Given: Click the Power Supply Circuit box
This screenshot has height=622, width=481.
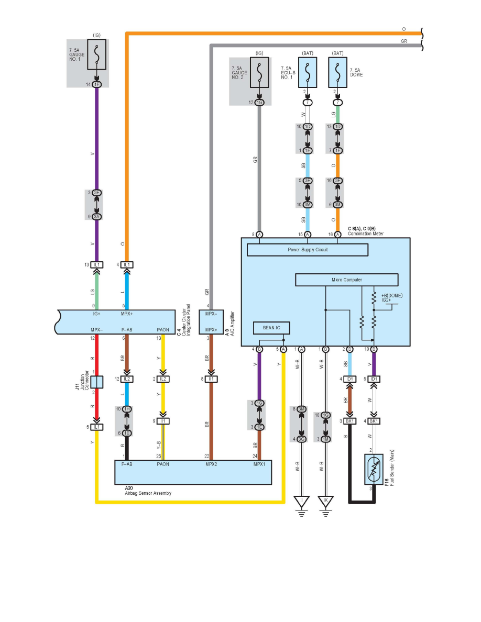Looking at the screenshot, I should pyautogui.click(x=308, y=250).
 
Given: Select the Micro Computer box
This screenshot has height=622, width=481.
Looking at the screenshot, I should pyautogui.click(x=346, y=280).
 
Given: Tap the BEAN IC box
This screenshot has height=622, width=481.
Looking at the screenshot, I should pyautogui.click(x=271, y=328).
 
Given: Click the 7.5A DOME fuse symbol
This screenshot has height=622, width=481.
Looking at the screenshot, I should pyautogui.click(x=338, y=72).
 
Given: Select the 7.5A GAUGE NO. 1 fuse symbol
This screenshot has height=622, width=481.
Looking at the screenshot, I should pyautogui.click(x=96, y=53).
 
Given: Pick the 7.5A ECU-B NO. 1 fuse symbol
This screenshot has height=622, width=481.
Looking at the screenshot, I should pyautogui.click(x=308, y=72).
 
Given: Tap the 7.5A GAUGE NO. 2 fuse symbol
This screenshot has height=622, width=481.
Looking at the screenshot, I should pyautogui.click(x=259, y=72).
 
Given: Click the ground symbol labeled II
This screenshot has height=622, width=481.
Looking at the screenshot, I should pyautogui.click(x=302, y=502).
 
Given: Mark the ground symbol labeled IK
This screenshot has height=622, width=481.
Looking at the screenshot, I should pyautogui.click(x=325, y=502).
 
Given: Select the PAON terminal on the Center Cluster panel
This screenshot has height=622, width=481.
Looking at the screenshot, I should pyautogui.click(x=163, y=330).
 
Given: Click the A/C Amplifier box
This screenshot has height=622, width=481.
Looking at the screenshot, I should pyautogui.click(x=211, y=322).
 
